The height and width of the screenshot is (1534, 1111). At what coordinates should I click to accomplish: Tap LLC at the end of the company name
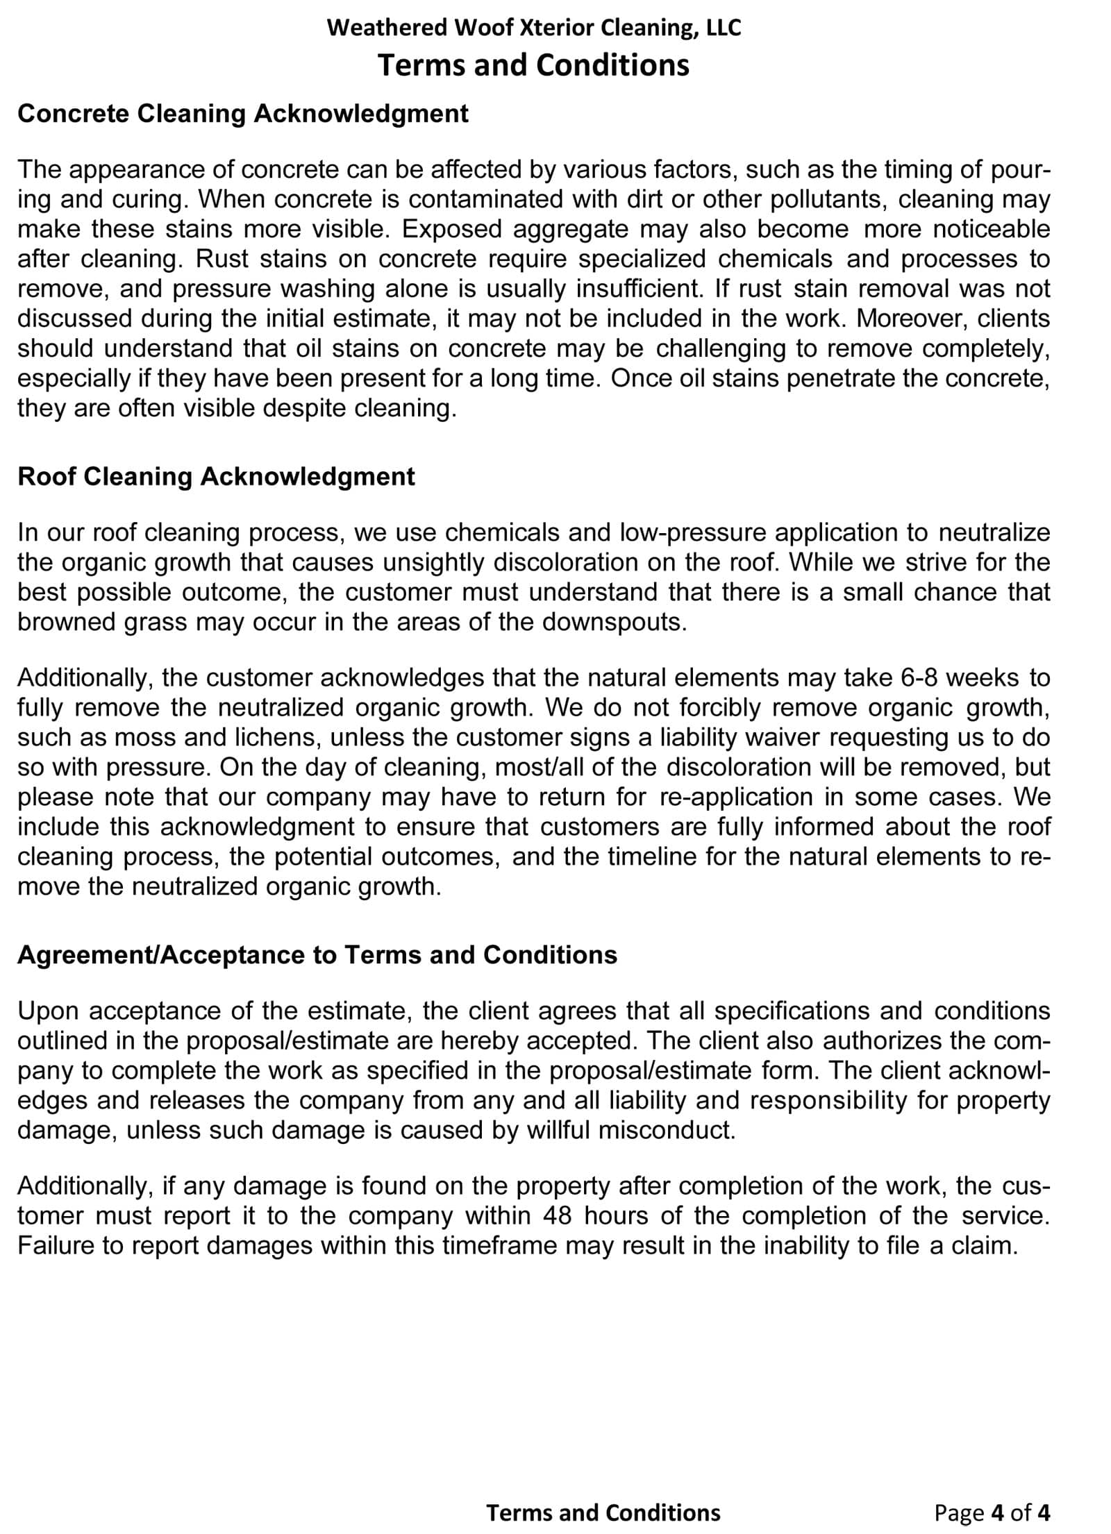pos(724,28)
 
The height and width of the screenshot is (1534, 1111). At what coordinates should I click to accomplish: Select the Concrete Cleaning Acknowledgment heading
pos(243,114)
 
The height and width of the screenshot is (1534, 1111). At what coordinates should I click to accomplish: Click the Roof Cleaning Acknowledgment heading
pos(216,477)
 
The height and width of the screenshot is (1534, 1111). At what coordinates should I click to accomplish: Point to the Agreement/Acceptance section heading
pos(317,955)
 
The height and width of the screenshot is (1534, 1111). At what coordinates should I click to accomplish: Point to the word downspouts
pos(614,622)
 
